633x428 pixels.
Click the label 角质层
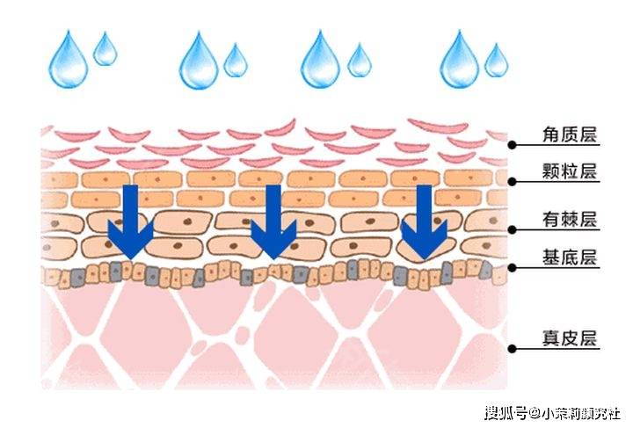[569, 134]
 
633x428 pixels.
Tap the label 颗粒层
[569, 171]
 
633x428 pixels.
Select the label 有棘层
[569, 219]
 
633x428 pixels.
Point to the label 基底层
[569, 258]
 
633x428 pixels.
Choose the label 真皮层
[569, 338]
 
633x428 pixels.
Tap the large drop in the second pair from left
[199, 62]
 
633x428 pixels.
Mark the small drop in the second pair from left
[235, 60]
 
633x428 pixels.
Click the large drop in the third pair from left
[321, 62]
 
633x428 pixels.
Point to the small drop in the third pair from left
[359, 60]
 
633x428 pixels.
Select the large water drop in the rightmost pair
[460, 62]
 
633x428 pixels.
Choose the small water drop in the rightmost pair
[497, 59]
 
